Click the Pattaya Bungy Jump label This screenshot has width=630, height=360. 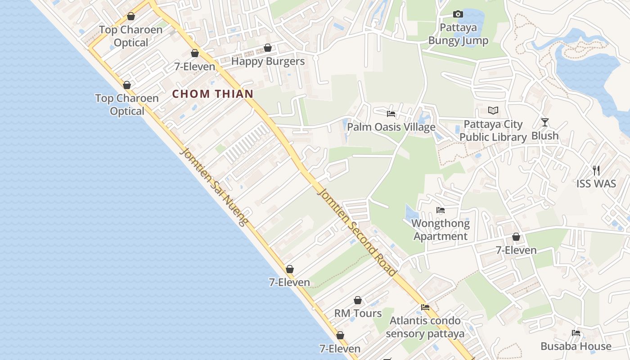click(x=458, y=34)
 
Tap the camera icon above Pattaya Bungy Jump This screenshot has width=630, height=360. click(x=458, y=14)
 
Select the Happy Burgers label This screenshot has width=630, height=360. click(x=268, y=61)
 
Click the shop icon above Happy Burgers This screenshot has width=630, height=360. click(x=268, y=48)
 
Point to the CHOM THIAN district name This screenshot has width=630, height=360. click(x=213, y=94)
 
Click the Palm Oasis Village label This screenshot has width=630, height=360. click(x=391, y=127)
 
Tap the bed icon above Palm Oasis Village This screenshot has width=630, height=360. click(x=391, y=114)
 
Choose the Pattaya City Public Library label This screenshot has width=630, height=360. click(x=493, y=130)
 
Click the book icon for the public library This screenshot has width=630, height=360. click(x=493, y=110)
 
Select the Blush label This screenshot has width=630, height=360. click(x=545, y=135)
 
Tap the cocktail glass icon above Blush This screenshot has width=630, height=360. click(x=545, y=122)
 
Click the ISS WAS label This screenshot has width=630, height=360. click(x=596, y=184)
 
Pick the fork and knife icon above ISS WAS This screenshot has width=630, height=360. click(x=596, y=170)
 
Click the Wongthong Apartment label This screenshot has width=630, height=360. click(x=441, y=229)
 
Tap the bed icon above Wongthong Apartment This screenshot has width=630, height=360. click(x=441, y=210)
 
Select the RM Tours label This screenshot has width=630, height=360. click(x=358, y=313)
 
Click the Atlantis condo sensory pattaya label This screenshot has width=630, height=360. click(x=425, y=327)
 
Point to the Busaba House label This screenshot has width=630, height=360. click(x=576, y=346)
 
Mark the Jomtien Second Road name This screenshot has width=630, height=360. click(x=357, y=231)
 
